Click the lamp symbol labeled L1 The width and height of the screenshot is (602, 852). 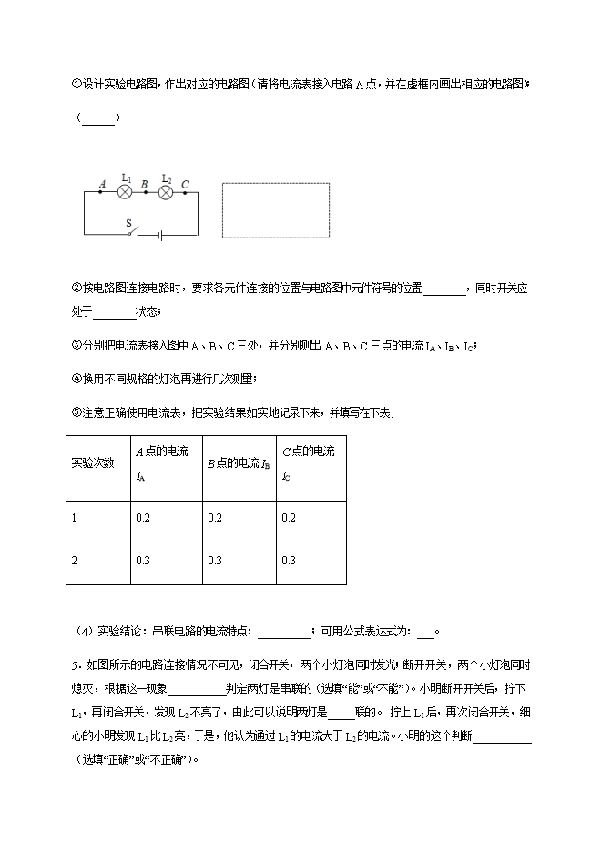[126, 193]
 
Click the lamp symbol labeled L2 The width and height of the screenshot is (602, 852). [166, 193]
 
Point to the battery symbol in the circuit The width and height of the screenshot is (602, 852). [159, 234]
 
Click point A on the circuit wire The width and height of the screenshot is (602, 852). [101, 193]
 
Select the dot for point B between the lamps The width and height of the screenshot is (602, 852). [146, 193]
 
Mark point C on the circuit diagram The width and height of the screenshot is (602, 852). [185, 193]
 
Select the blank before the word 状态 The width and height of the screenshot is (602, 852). [114, 313]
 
